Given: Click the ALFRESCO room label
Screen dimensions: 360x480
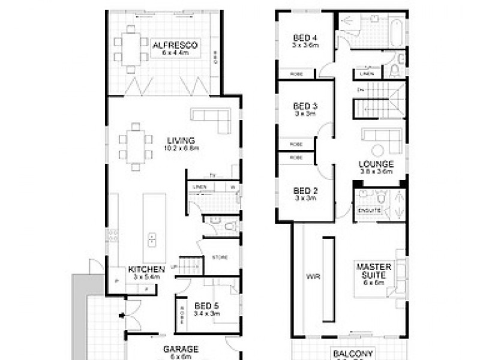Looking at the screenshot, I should click(x=175, y=46).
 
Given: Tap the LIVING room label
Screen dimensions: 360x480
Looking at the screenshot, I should click(x=181, y=141).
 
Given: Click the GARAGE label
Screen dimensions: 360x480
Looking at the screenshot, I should click(x=181, y=349).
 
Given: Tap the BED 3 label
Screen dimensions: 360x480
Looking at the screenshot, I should click(x=305, y=107).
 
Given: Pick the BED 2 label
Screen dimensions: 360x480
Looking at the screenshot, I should click(x=305, y=191).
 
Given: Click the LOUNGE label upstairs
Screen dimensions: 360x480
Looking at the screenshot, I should click(x=376, y=164).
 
